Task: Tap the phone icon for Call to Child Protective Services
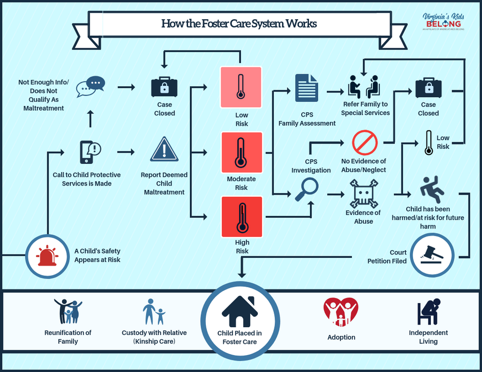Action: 87,152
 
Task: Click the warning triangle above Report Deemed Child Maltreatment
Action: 164,149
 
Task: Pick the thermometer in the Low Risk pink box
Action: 241,87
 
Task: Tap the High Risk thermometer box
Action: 241,217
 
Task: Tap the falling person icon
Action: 431,189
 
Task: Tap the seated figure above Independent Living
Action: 428,312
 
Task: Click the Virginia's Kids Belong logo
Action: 442,22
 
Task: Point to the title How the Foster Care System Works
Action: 239,24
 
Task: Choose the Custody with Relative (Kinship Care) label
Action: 154,337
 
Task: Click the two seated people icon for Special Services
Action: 364,87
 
